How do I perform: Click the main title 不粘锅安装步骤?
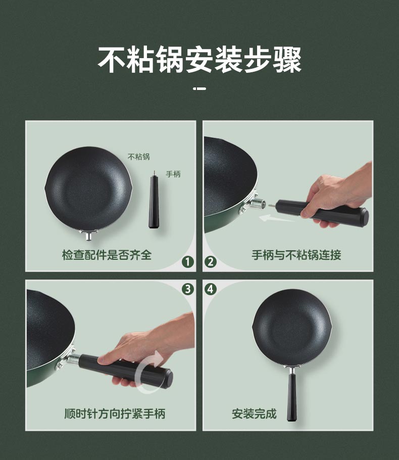coord(199,60)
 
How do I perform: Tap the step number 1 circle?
coord(188,262)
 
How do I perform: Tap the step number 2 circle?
coord(211,262)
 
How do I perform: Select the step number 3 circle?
coord(188,289)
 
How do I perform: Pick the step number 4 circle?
coord(211,289)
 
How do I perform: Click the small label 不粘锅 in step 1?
coord(139,157)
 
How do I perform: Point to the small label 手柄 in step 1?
coord(173,174)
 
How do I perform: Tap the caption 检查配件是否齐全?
coord(107,255)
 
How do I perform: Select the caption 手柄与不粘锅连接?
coord(296,255)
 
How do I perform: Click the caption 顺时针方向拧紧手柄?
coord(115,413)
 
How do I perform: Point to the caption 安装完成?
coord(254,413)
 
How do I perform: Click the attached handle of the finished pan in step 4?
coord(292,395)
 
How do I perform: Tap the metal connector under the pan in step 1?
coord(88,235)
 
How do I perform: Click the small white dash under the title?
coord(199,88)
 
